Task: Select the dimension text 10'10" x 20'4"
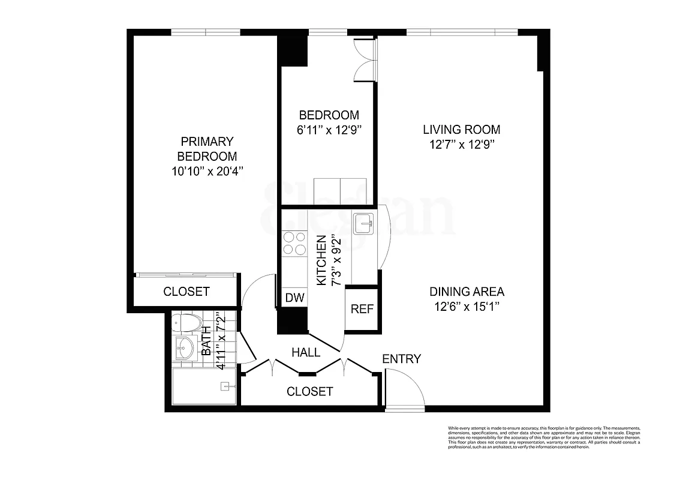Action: pyautogui.click(x=206, y=171)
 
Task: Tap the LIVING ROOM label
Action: pyautogui.click(x=461, y=130)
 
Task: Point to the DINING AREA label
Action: pyautogui.click(x=467, y=292)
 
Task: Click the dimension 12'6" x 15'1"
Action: pyautogui.click(x=467, y=307)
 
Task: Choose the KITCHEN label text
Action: pyautogui.click(x=321, y=260)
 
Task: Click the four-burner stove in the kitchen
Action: pyautogui.click(x=294, y=242)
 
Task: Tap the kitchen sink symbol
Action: pyautogui.click(x=363, y=225)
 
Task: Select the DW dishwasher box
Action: pyautogui.click(x=294, y=298)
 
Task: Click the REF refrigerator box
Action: pyautogui.click(x=362, y=310)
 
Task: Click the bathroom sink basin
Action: pyautogui.click(x=185, y=348)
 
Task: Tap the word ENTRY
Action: pyautogui.click(x=401, y=359)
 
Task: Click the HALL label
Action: pyautogui.click(x=305, y=353)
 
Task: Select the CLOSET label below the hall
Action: pyautogui.click(x=309, y=392)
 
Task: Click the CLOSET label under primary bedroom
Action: pyautogui.click(x=186, y=292)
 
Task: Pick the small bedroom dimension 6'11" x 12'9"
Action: pyautogui.click(x=329, y=130)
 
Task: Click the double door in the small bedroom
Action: pyautogui.click(x=365, y=60)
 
